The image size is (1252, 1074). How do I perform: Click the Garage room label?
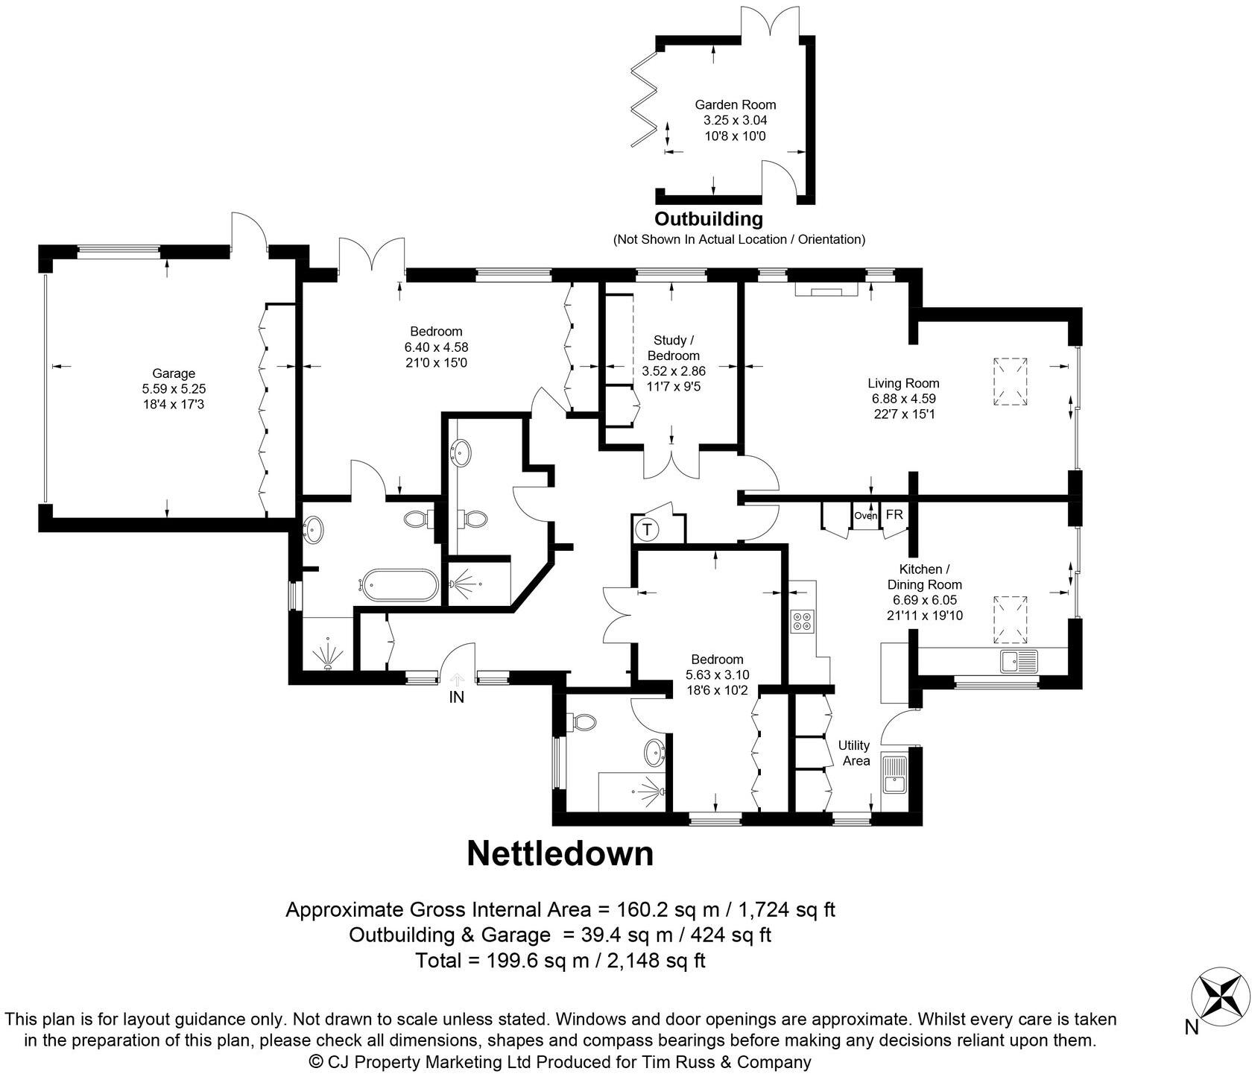174,373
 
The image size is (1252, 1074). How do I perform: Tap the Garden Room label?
735,105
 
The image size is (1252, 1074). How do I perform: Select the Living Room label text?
902,383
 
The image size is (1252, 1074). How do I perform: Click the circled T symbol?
647,530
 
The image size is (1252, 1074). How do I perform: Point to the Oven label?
865,516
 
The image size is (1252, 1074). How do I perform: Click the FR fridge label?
894,515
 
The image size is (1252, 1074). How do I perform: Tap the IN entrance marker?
456,698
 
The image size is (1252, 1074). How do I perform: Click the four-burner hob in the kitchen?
803,621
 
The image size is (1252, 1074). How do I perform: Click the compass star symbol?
1219,996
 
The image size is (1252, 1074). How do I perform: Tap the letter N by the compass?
1192,1028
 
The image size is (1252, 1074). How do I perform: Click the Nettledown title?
560,854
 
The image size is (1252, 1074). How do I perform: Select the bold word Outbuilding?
708,219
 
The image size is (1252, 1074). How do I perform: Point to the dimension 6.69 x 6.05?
924,600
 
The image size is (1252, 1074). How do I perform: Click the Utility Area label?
855,753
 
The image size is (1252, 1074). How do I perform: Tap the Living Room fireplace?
825,289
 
